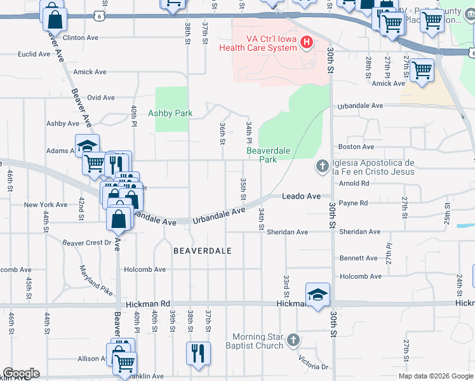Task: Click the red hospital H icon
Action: (307, 43)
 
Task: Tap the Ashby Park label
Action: (170, 114)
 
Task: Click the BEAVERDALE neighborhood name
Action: (202, 251)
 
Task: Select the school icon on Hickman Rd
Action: (318, 295)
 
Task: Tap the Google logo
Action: (20, 373)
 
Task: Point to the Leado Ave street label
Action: (301, 197)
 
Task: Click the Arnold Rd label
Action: (354, 184)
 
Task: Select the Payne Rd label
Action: (354, 203)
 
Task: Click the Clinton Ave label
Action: (81, 38)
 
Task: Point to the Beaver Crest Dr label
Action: (86, 243)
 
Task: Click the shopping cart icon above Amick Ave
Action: (422, 70)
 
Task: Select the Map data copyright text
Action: (436, 376)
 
